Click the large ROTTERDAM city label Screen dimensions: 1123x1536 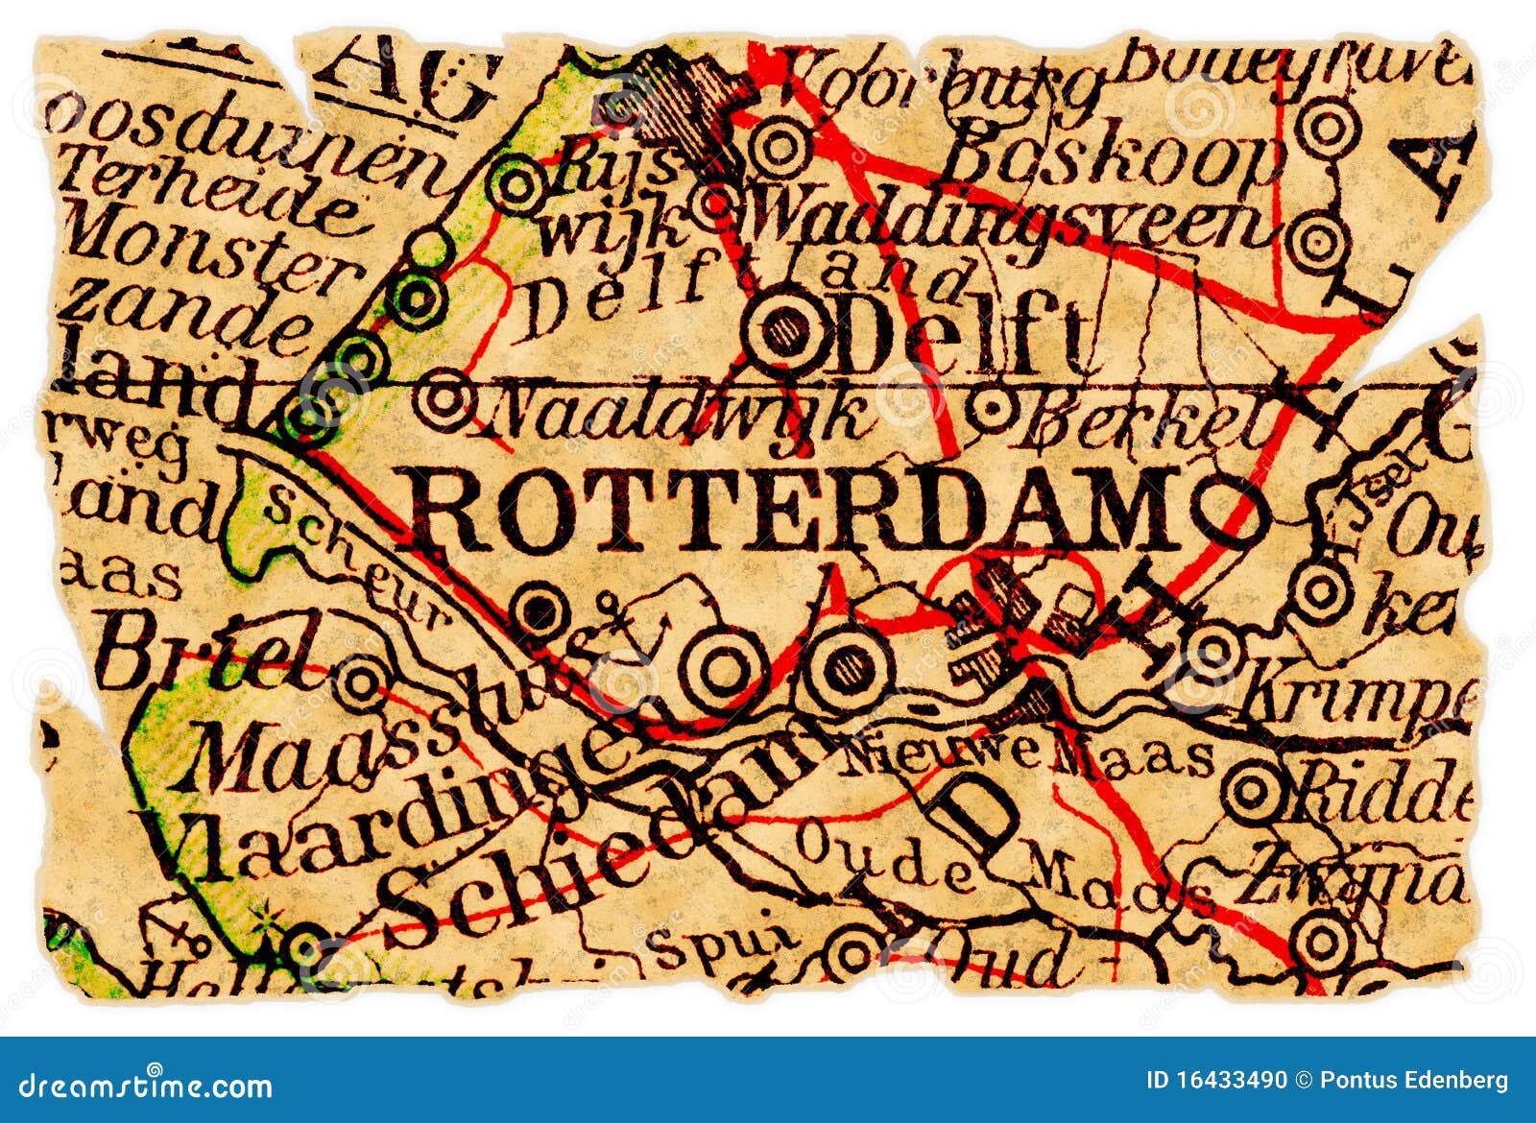[797, 509]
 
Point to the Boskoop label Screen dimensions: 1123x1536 [1114, 158]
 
